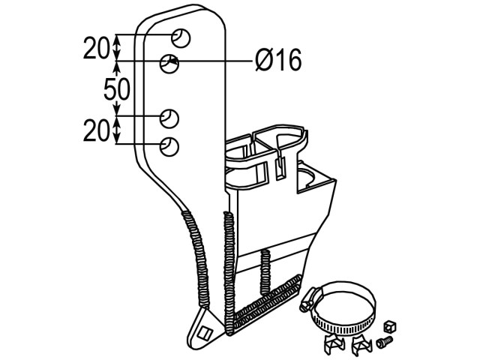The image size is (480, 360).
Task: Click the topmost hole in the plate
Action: point(181,38)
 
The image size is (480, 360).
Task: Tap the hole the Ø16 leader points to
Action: point(169,64)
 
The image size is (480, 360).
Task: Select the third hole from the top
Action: point(169,118)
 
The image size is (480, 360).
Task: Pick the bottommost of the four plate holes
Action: point(169,147)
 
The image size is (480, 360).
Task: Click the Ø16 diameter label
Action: point(278,60)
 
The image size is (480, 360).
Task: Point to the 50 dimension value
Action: point(117,89)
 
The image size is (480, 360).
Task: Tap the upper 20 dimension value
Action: point(96,48)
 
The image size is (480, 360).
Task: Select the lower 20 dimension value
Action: point(96,130)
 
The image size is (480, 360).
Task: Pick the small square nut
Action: point(390,326)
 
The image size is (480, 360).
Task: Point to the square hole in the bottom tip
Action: point(204,333)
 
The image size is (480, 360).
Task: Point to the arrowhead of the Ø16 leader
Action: point(173,61)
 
